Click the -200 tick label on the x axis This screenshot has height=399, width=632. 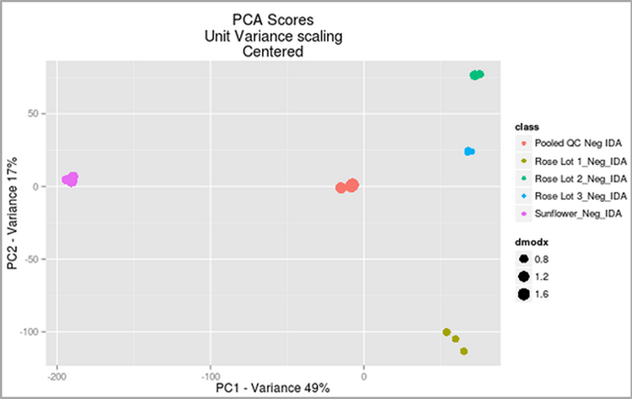57,375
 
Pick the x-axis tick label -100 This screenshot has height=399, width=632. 210,375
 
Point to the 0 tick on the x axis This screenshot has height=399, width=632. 363,375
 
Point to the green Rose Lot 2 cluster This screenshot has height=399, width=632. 477,75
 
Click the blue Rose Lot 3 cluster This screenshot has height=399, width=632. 469,152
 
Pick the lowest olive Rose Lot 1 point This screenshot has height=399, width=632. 463,351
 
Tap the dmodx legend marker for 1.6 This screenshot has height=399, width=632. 523,294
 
